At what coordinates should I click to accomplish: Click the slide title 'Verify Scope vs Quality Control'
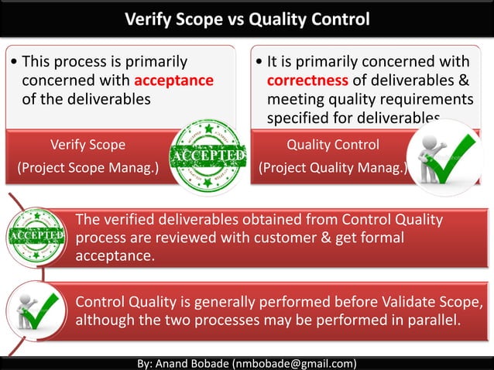coord(247,18)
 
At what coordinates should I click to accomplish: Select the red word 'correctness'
coord(308,81)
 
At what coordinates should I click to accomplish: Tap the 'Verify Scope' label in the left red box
coord(87,144)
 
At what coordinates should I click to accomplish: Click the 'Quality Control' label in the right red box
coord(333,144)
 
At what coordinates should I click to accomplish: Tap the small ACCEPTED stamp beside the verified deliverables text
coord(36,235)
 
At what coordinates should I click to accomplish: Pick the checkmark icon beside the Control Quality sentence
coord(37,311)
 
